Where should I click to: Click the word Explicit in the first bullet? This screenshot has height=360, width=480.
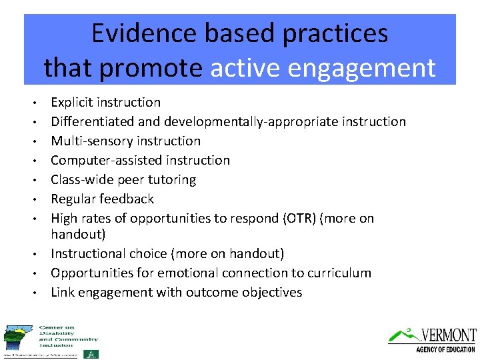71,103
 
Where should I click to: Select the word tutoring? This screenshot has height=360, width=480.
173,180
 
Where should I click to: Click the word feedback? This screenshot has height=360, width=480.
128,199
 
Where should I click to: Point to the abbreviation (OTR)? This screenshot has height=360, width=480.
301,219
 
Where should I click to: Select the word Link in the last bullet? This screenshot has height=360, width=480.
63,293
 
